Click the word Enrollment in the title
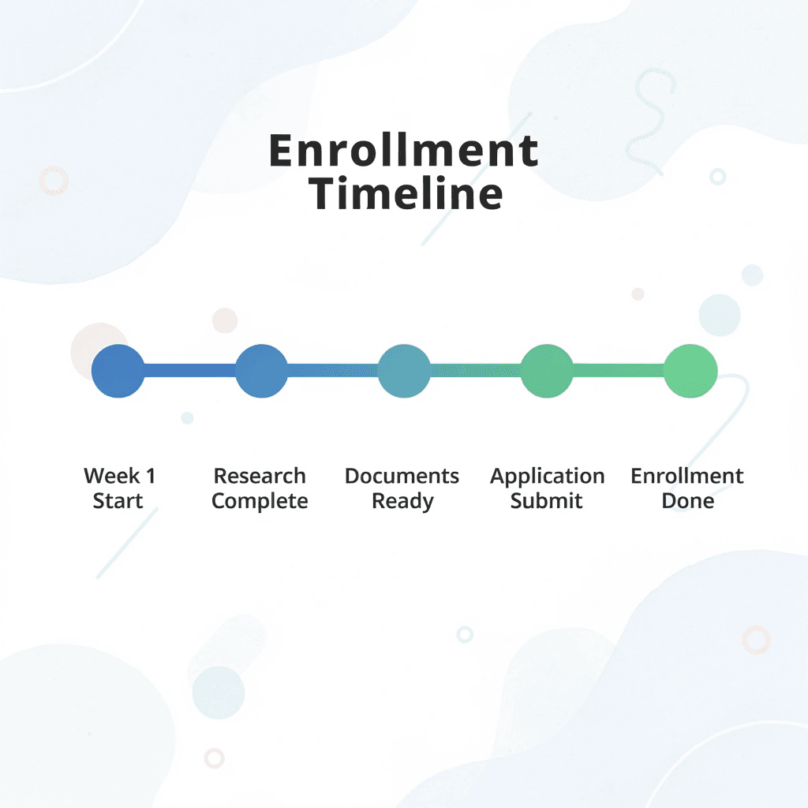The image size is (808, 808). coord(403,150)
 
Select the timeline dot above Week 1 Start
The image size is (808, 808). coord(118,370)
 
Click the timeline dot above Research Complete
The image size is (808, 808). coord(262,370)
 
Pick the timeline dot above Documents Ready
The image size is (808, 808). coord(404,370)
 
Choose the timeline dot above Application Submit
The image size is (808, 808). coord(547,370)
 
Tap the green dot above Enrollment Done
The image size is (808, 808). coord(690,370)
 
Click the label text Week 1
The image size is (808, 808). coord(120,477)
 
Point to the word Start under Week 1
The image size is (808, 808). coord(118,501)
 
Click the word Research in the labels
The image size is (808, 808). coord(260,477)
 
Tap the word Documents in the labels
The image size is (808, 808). coord(402,477)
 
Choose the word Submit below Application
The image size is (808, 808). coord(546,501)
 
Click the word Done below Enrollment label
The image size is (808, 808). coord(687,501)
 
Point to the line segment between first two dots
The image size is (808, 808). coord(190,370)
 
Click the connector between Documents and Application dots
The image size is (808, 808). coord(476,370)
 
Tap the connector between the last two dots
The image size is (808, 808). coord(619,370)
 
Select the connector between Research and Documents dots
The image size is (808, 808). coord(333,370)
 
